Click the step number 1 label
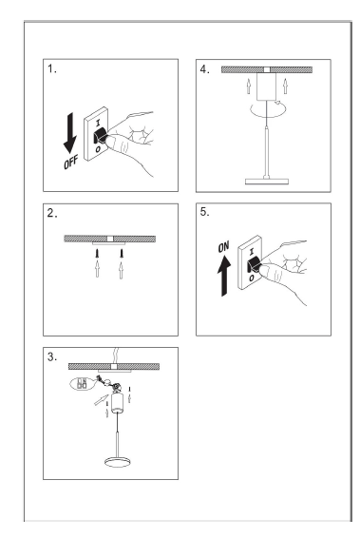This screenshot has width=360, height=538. tap(52, 68)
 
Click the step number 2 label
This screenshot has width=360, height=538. tap(52, 214)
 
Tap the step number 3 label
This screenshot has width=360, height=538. tap(52, 356)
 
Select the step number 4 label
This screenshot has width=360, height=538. tap(204, 69)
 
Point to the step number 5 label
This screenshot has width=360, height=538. tap(204, 212)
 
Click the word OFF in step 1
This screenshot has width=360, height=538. tap(70, 162)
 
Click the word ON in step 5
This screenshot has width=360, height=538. tap(223, 246)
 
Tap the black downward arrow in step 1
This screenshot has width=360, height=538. tap(70, 133)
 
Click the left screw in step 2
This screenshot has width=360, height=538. tap(98, 254)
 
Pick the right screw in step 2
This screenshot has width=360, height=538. tap(121, 254)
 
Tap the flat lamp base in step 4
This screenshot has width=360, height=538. tap(266, 181)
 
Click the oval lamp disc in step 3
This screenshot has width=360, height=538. tap(118, 462)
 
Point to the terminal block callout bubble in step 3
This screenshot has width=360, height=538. tap(83, 383)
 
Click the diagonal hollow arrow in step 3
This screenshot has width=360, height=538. tap(101, 400)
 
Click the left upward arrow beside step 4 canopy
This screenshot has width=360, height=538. tap(249, 86)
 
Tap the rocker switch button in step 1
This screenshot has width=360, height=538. tap(101, 136)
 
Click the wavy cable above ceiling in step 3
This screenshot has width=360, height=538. tap(115, 355)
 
